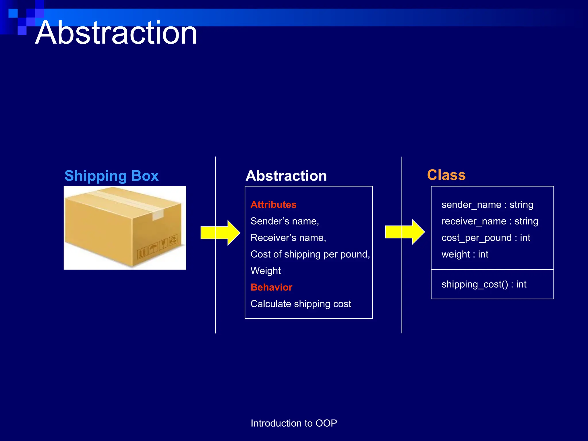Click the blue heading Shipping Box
[111, 175]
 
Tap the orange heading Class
[446, 175]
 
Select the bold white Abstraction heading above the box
[286, 176]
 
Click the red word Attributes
[273, 204]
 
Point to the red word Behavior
[271, 287]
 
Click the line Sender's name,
[285, 221]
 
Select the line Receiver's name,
[288, 238]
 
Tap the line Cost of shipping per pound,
[310, 254]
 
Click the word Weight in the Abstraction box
[266, 271]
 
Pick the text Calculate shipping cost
[301, 304]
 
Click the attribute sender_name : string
[487, 204]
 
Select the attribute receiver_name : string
[490, 221]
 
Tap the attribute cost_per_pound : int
[486, 238]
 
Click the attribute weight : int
[465, 254]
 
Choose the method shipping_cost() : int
[484, 284]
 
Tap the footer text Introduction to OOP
[294, 423]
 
